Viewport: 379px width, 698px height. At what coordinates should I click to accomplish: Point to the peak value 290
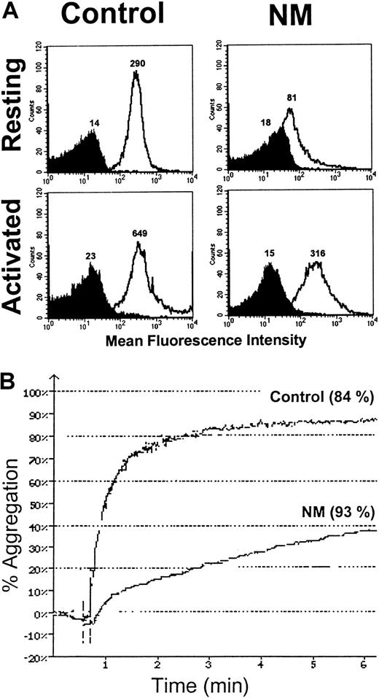138,64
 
